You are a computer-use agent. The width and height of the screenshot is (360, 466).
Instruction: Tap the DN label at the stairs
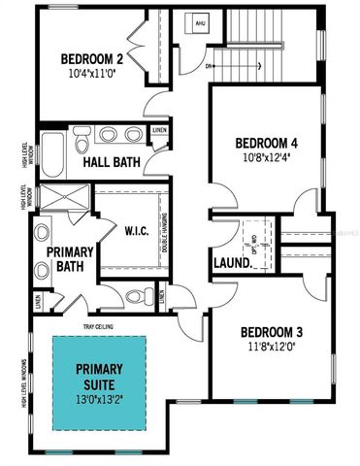(x=210, y=67)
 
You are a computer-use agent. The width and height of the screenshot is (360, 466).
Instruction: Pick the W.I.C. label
(x=135, y=231)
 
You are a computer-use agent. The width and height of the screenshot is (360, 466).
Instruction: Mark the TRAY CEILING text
(x=103, y=326)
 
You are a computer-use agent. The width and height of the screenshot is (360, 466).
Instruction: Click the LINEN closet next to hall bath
(x=159, y=131)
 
